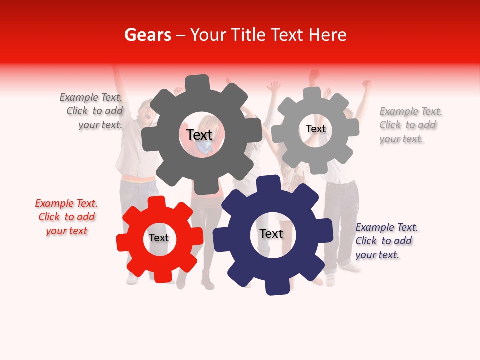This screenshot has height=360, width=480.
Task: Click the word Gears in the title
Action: pyautogui.click(x=147, y=35)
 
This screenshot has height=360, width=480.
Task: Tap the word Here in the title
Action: pyautogui.click(x=327, y=35)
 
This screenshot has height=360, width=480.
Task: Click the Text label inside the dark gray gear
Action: pyautogui.click(x=199, y=135)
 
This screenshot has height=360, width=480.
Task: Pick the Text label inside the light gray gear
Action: pyautogui.click(x=315, y=129)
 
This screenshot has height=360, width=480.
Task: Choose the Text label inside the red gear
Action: pyautogui.click(x=159, y=238)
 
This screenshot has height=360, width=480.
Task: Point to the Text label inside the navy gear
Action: pyautogui.click(x=271, y=233)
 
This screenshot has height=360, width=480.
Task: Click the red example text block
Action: pyautogui.click(x=66, y=217)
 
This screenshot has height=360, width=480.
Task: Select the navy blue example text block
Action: pyautogui.click(x=386, y=241)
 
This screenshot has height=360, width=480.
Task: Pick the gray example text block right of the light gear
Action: pyautogui.click(x=410, y=125)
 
